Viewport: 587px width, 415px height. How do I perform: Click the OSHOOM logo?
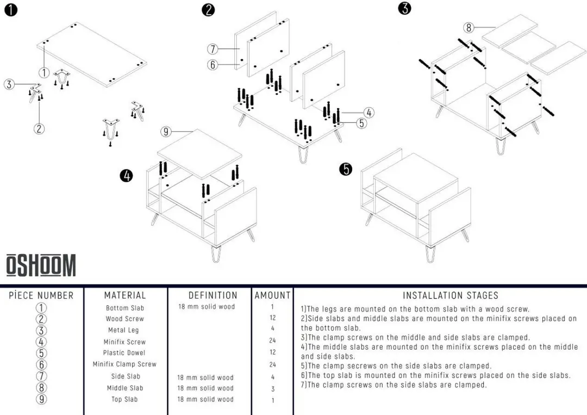41,265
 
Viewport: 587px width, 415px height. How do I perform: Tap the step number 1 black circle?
11,10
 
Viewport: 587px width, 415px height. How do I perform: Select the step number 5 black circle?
346,169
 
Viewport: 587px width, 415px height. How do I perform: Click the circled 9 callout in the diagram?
166,132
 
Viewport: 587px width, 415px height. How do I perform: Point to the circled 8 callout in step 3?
469,27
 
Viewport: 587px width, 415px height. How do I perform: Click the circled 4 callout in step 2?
369,113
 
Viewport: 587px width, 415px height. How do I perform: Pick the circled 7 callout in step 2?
213,49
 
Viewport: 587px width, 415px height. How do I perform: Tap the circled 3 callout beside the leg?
9,84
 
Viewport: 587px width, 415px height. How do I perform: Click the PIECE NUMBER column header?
41,295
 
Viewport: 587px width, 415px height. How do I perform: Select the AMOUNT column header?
273,295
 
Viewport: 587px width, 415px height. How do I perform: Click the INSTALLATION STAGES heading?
451,295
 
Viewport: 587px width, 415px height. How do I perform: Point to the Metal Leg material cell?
123,330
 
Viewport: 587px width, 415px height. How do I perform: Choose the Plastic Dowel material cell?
124,353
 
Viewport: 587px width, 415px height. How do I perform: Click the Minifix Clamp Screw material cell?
124,364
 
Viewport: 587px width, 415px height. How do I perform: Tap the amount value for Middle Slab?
273,389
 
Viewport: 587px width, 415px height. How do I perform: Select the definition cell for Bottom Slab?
207,307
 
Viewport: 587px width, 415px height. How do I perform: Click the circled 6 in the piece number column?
41,364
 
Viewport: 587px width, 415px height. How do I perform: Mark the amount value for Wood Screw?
273,318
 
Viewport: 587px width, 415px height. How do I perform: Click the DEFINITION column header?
213,295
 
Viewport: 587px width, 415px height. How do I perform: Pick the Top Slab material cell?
124,399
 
